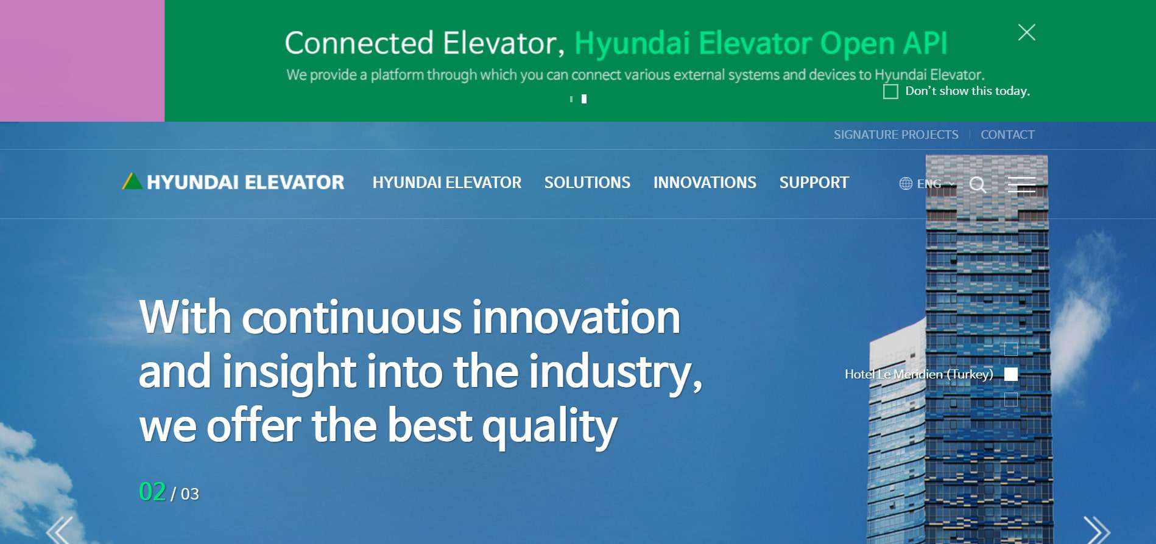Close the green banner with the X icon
click(1026, 32)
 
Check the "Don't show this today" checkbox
click(890, 92)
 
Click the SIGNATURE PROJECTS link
click(895, 134)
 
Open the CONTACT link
click(1007, 134)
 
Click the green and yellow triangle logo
click(132, 181)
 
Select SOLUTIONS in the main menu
click(587, 183)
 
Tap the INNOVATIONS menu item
click(705, 183)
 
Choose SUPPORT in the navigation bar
click(814, 183)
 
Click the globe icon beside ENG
click(906, 184)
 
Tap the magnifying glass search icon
click(978, 184)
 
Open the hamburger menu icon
click(1021, 184)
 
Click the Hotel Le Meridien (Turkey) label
click(918, 374)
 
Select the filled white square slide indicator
click(1011, 374)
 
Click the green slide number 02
click(152, 492)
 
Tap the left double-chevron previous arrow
click(60, 530)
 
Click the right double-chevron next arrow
click(1096, 530)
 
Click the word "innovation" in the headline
click(576, 318)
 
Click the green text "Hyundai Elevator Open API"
click(761, 43)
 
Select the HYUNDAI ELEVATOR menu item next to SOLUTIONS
click(446, 183)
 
